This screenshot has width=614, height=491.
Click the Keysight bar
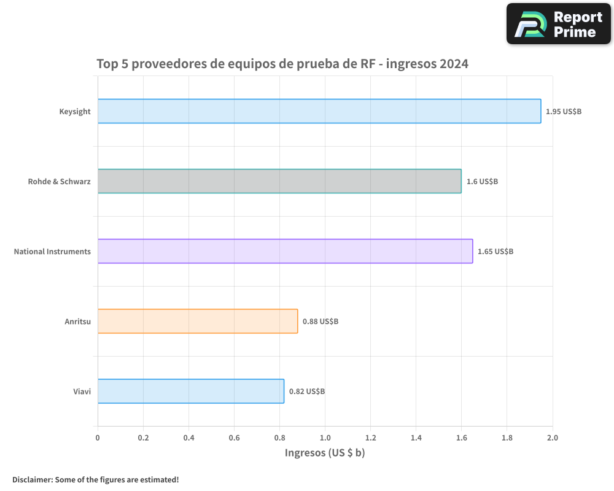(319, 111)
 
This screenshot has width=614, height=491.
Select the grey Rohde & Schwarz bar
(279, 181)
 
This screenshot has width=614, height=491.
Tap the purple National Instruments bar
(285, 251)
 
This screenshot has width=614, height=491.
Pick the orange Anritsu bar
(198, 321)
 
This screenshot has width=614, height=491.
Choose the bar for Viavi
(190, 391)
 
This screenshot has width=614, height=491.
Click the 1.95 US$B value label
(564, 112)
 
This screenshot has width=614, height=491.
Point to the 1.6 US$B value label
(482, 182)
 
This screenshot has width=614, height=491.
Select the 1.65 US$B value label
(495, 252)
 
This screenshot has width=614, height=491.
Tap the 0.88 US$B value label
(320, 322)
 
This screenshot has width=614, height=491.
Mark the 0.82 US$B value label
(307, 392)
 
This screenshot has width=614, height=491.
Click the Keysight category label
(75, 112)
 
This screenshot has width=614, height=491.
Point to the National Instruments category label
(52, 252)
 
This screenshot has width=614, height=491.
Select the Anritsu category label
(77, 322)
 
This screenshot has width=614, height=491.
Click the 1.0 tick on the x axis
(325, 438)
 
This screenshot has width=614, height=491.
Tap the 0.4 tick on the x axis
(188, 438)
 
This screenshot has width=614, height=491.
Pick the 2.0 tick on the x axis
(552, 438)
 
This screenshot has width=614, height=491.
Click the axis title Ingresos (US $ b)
(325, 453)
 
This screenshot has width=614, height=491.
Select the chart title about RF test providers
(282, 64)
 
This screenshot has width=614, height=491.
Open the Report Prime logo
(559, 24)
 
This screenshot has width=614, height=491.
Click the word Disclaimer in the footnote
(32, 479)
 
